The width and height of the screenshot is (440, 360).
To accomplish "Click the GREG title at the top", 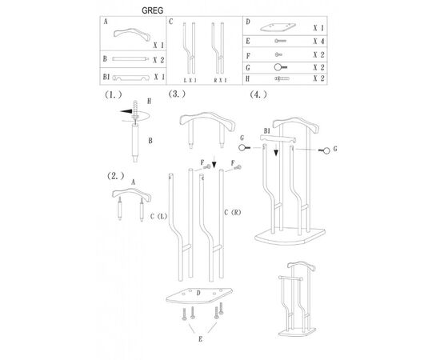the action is point(152,10).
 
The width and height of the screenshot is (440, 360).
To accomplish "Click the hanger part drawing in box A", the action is point(132,34).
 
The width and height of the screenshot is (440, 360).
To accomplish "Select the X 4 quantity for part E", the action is point(318,42).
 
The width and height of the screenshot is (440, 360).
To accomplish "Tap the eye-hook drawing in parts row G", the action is point(280,67).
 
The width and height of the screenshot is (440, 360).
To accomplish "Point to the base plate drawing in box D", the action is point(278,27).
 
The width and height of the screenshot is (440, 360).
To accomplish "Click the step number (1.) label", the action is point(114,94).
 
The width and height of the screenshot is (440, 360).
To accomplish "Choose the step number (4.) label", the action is point(258,94).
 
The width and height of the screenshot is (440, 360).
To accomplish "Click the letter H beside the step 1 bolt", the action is point(150,101).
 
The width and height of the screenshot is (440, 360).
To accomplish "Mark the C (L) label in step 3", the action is point(159,216).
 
